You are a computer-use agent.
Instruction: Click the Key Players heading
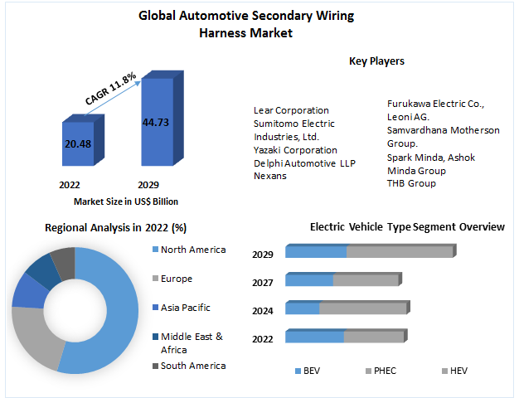pos(376,61)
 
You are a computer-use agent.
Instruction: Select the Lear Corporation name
pos(291,110)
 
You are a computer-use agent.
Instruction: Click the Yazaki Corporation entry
pos(295,150)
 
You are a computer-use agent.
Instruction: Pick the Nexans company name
pos(270,176)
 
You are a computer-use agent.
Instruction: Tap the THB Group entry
pos(411,183)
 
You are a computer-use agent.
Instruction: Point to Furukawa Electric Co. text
pos(435,104)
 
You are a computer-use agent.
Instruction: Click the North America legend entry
pos(192,250)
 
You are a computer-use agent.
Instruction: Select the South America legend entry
pos(192,366)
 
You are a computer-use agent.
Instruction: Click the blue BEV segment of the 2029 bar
pos(316,252)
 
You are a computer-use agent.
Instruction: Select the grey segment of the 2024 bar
pos(362,308)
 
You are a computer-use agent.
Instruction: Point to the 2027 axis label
pos(263,282)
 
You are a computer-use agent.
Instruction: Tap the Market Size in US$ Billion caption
pos(126,201)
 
